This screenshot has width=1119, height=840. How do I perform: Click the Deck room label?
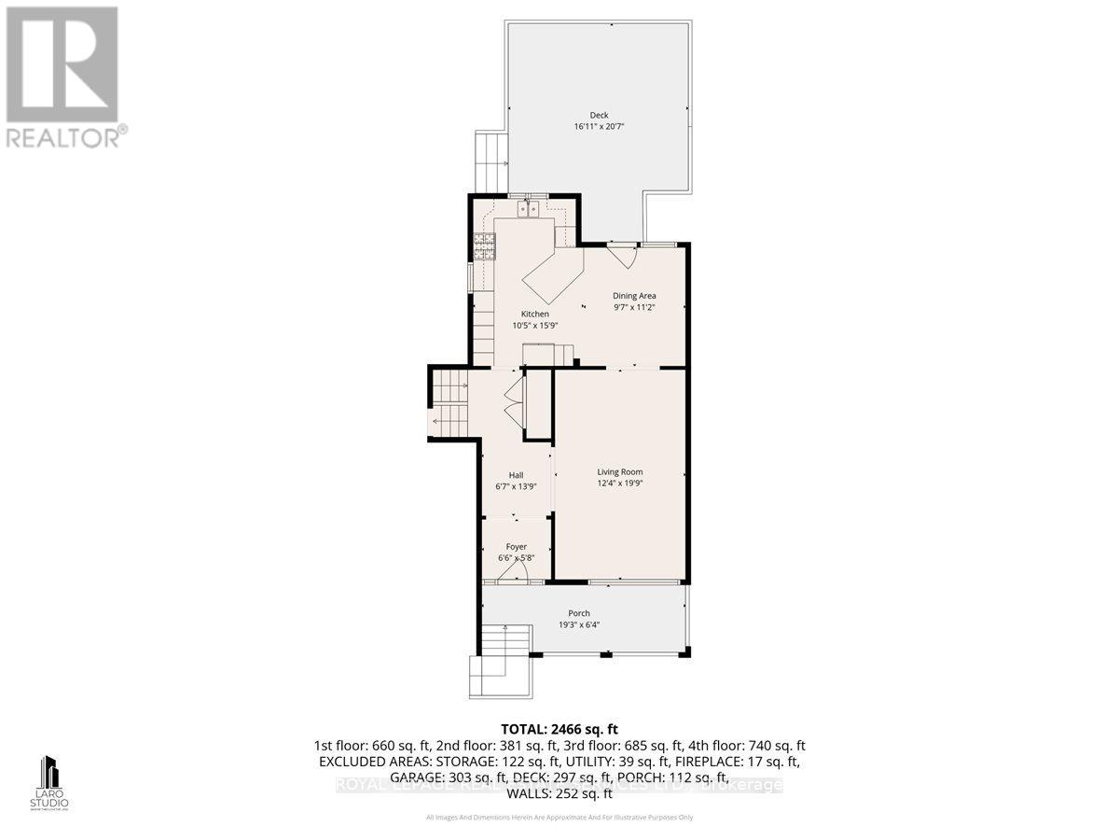(599, 115)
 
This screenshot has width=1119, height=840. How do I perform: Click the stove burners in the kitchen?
(485, 245)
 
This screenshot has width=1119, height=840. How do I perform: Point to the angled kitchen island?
(552, 276)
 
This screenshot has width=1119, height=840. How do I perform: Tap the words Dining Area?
(634, 296)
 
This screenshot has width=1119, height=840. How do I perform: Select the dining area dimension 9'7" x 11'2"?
(634, 307)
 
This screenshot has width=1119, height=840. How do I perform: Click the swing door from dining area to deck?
(621, 253)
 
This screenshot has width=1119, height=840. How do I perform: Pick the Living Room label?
(620, 471)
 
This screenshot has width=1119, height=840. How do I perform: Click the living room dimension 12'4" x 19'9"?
(620, 483)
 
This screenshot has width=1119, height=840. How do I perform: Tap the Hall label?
(516, 474)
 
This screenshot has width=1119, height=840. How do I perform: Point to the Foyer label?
(516, 547)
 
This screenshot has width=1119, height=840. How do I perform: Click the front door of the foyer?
(508, 579)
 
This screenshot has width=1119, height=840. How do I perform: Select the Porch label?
(580, 613)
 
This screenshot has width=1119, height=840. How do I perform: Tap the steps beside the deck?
(490, 161)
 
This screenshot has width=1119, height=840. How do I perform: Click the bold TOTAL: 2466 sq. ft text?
(559, 729)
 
